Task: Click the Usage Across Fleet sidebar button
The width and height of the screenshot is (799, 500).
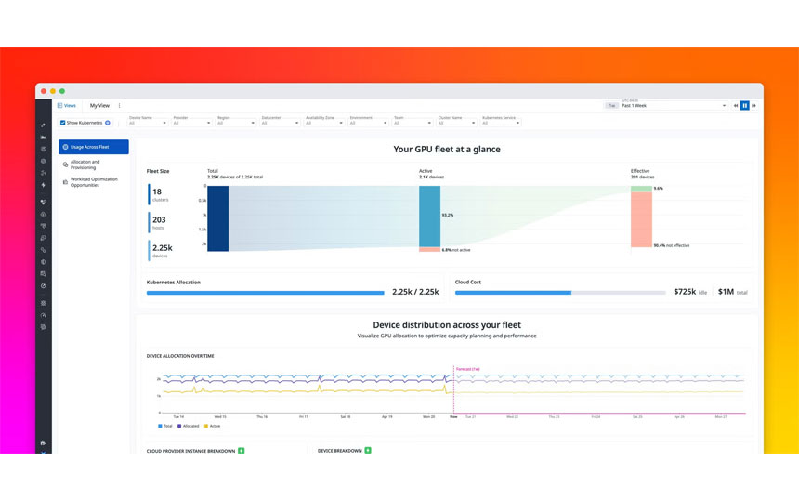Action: click(x=93, y=147)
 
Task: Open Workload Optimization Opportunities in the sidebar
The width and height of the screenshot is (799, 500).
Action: click(x=93, y=182)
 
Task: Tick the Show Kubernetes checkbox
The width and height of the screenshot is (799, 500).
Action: click(x=63, y=123)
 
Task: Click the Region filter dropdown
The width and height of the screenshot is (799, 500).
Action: click(x=236, y=123)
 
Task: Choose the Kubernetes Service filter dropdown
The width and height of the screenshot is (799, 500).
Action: click(x=501, y=123)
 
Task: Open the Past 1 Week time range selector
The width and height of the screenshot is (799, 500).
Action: click(x=674, y=106)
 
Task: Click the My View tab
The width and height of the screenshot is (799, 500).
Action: click(x=99, y=106)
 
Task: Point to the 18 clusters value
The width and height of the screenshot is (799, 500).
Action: click(x=157, y=192)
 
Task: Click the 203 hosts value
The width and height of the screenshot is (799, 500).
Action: click(x=159, y=220)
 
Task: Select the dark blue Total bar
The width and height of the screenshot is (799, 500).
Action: click(x=217, y=218)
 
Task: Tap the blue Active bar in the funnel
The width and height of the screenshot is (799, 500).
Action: click(x=429, y=216)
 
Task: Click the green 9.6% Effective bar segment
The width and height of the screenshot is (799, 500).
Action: click(x=641, y=189)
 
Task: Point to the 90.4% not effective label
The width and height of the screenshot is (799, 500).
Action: click(x=671, y=246)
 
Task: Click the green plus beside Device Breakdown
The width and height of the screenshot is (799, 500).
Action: click(x=368, y=451)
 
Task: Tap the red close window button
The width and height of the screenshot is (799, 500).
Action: click(x=42, y=91)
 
